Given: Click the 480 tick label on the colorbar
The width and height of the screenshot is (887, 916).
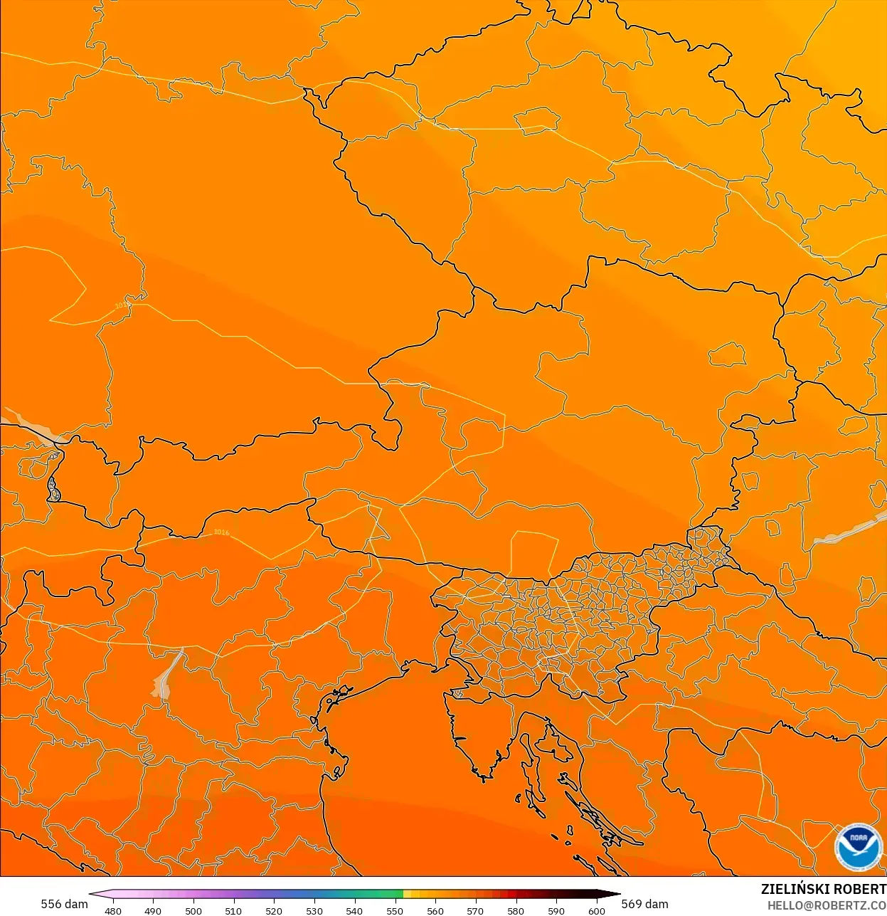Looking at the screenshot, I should [113, 910].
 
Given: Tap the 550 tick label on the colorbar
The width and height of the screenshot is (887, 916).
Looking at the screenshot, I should [395, 910].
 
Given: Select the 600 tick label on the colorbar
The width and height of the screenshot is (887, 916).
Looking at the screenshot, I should [597, 910].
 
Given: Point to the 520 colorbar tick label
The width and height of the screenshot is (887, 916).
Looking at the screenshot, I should [274, 910].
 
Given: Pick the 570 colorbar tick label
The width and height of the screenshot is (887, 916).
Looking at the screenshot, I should [475, 910].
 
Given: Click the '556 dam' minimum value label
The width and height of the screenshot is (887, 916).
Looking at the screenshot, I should [64, 904].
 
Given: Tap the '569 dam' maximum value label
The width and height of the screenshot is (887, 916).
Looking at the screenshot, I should [644, 904].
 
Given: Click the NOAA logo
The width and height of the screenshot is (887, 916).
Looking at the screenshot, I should [858, 847].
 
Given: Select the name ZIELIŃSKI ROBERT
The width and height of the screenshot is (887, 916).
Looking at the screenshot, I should [823, 889].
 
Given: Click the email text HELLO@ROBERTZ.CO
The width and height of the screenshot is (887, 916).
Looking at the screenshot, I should [827, 906].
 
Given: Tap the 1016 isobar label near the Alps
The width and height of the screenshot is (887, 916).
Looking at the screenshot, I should [221, 532].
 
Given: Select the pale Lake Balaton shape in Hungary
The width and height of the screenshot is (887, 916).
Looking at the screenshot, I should [846, 531].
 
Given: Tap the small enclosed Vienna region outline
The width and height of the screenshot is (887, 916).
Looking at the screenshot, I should [728, 354].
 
